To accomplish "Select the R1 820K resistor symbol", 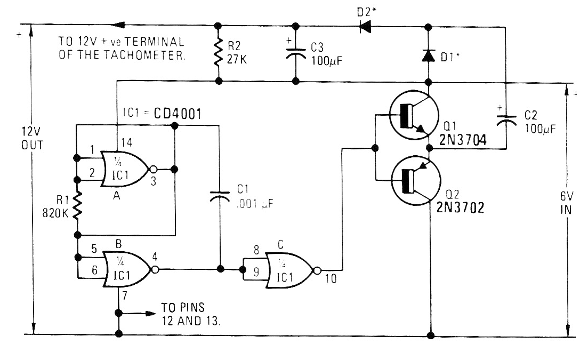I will pyautogui.click(x=78, y=206).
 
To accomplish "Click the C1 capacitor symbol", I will pyautogui.click(x=219, y=197).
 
